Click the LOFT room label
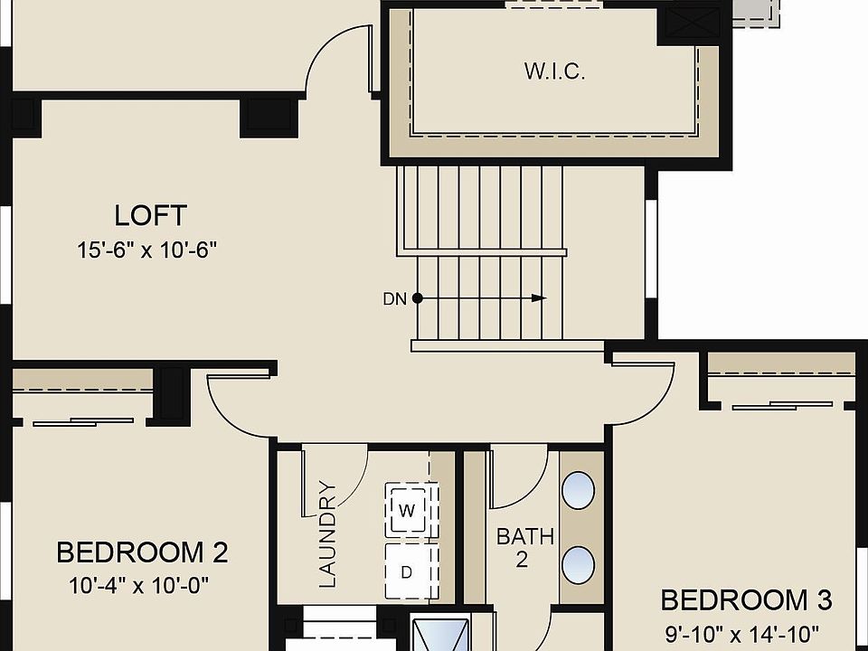151,216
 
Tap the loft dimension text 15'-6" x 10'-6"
148,250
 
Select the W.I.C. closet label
554,71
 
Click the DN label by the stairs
395,298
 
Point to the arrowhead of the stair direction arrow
540,297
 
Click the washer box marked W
407,511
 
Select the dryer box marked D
407,571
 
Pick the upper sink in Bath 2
579,492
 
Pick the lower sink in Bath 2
579,565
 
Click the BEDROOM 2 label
142,552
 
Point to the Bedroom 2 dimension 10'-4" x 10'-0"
139,585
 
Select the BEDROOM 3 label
746,599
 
